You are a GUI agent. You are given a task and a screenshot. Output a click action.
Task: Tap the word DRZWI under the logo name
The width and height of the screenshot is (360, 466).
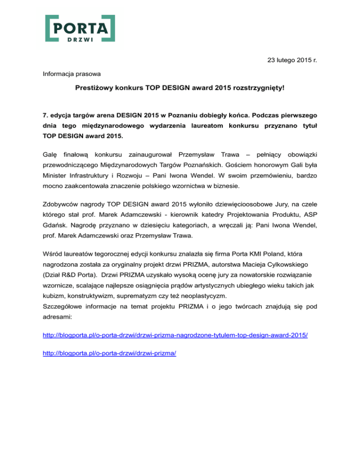point(80,39)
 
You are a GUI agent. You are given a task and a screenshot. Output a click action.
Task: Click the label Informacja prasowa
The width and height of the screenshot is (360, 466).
point(68,74)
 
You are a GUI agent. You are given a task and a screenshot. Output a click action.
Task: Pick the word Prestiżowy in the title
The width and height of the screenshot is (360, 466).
point(92,88)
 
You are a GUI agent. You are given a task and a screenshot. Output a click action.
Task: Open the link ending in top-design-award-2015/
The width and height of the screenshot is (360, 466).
point(175,336)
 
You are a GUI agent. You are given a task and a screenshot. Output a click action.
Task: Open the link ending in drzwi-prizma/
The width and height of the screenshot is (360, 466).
point(109,353)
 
